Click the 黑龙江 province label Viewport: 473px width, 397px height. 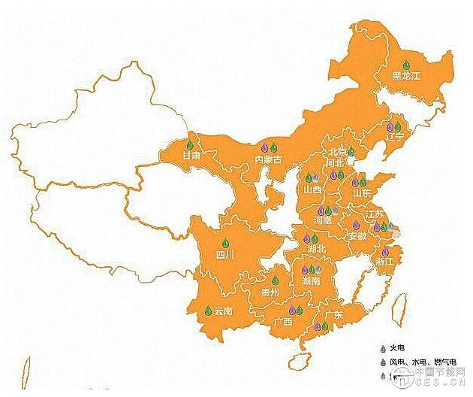(x=407, y=76)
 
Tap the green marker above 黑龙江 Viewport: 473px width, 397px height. (x=406, y=65)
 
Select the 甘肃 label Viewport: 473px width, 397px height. (x=191, y=156)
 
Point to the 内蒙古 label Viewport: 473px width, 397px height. (x=268, y=159)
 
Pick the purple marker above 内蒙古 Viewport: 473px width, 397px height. (x=264, y=147)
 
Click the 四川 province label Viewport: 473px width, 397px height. (x=225, y=255)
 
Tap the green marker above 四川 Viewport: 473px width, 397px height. (x=224, y=243)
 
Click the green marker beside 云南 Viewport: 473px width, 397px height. (x=208, y=310)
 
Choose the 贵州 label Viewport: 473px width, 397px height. (x=270, y=292)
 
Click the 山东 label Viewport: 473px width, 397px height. (x=361, y=192)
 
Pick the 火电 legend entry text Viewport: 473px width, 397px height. (x=398, y=350)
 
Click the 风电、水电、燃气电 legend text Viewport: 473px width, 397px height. (x=420, y=362)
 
